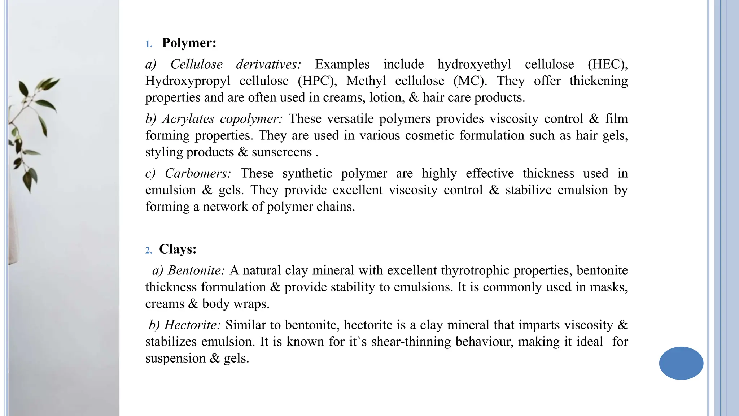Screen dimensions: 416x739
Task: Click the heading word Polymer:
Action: (189, 43)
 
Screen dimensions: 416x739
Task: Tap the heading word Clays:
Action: (178, 249)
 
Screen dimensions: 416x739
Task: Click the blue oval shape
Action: (681, 363)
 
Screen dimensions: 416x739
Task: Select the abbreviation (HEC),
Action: (608, 64)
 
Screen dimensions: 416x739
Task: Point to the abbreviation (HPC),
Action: (317, 81)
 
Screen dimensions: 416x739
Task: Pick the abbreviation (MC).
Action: (470, 81)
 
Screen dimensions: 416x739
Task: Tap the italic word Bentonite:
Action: (196, 270)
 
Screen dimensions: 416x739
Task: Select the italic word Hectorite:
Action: (192, 325)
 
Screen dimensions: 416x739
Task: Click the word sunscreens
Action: (282, 152)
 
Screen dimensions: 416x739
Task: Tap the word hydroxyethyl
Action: (474, 64)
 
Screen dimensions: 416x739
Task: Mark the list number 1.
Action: (149, 44)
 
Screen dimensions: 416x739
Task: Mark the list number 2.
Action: (149, 251)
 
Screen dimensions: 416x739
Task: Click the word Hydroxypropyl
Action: (188, 81)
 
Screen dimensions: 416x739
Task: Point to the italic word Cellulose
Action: (196, 64)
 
